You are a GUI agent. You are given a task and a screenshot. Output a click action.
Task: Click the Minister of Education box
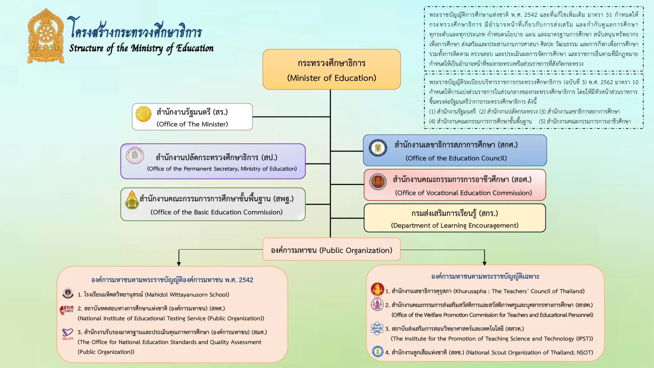tap(331, 69)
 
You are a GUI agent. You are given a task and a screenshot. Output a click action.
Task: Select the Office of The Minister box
tap(192, 117)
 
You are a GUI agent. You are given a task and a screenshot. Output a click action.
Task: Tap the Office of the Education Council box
tap(455, 150)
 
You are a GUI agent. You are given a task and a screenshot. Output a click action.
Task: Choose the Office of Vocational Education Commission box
tap(455, 185)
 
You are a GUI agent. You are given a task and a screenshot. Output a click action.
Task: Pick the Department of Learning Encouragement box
tap(455, 218)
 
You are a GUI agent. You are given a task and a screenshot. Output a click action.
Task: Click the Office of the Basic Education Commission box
tap(213, 204)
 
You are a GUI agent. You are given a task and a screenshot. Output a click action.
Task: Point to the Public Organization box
tap(331, 249)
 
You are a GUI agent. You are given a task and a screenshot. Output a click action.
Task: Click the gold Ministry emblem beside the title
tap(46, 36)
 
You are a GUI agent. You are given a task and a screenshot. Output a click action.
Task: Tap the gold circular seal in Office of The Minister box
tap(143, 114)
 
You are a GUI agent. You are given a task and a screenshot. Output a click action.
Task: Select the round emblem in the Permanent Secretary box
tap(135, 156)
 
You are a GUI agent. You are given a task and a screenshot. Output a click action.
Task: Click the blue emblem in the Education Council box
tap(378, 148)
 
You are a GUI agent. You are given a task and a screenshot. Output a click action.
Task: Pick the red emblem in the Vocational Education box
tap(378, 182)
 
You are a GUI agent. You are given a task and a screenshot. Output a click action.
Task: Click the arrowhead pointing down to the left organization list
tap(179, 264)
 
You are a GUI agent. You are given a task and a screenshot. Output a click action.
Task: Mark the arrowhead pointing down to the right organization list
tap(484, 264)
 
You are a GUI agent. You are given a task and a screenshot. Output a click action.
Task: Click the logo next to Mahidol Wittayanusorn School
tap(68, 293)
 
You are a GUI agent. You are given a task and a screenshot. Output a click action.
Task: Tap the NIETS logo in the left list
tap(67, 310)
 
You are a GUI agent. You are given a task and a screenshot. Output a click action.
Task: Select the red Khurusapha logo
tap(377, 289)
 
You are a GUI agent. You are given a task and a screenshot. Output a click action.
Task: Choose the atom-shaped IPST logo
tap(377, 328)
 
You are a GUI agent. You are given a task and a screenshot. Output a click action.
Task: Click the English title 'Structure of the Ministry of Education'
tap(141, 49)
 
